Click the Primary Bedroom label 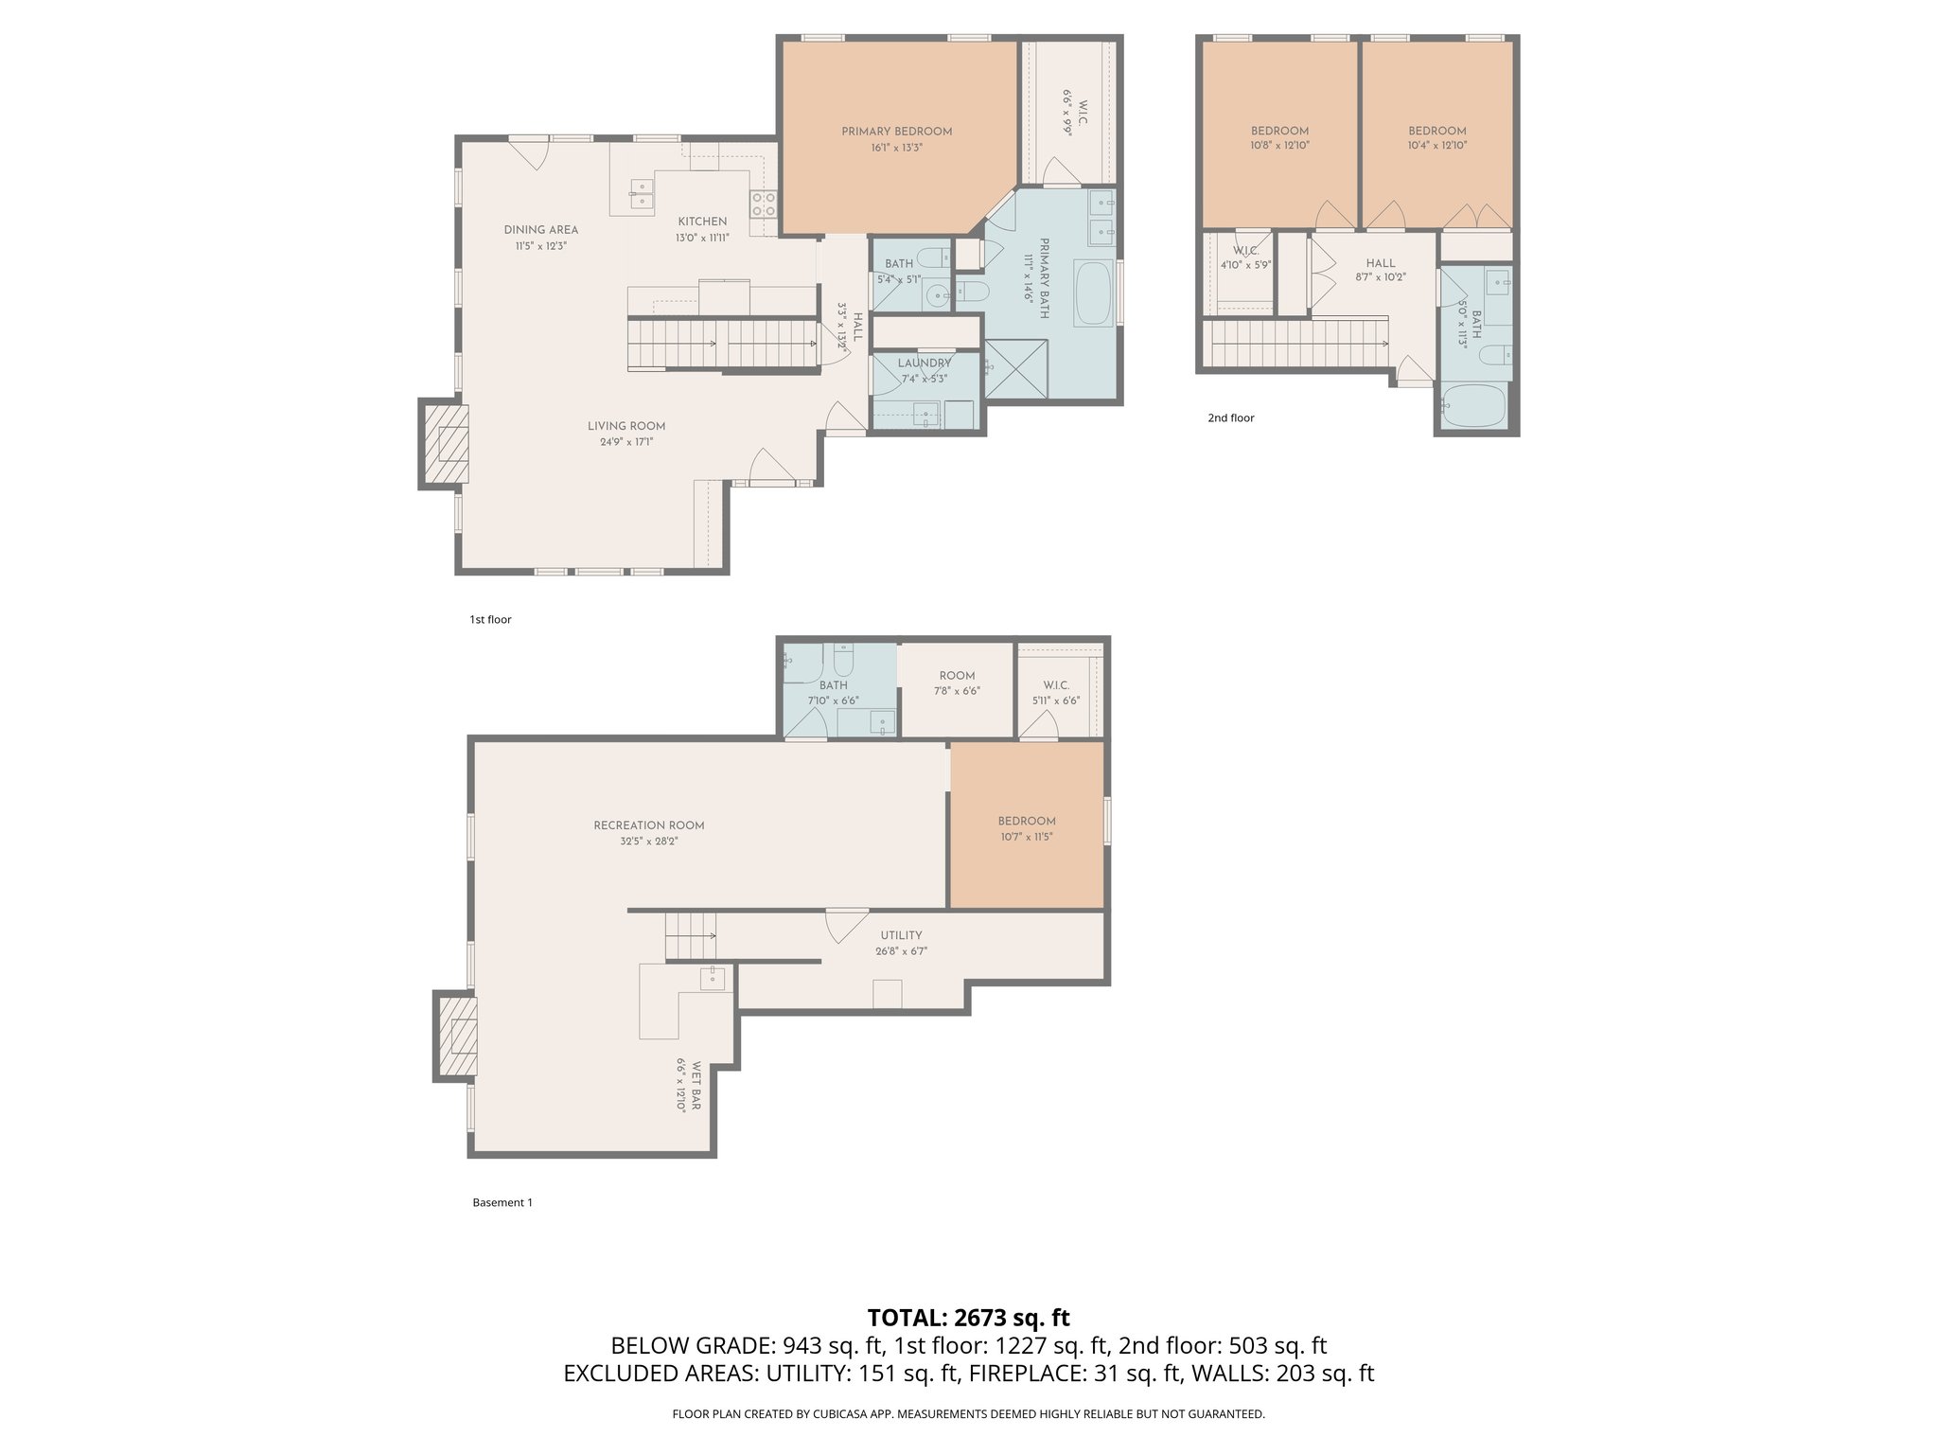coord(896,132)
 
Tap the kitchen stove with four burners coord(763,204)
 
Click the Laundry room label coord(925,363)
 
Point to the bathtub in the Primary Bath coord(1095,294)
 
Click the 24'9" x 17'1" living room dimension coord(625,442)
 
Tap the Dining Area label coord(540,230)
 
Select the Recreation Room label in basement coord(648,825)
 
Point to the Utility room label coord(901,935)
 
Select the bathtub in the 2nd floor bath coord(1473,406)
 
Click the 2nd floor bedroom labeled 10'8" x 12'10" coord(1279,138)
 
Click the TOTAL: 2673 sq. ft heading coord(968,1317)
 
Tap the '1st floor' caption coord(490,620)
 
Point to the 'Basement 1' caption coord(502,1203)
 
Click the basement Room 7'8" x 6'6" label coord(957,683)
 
